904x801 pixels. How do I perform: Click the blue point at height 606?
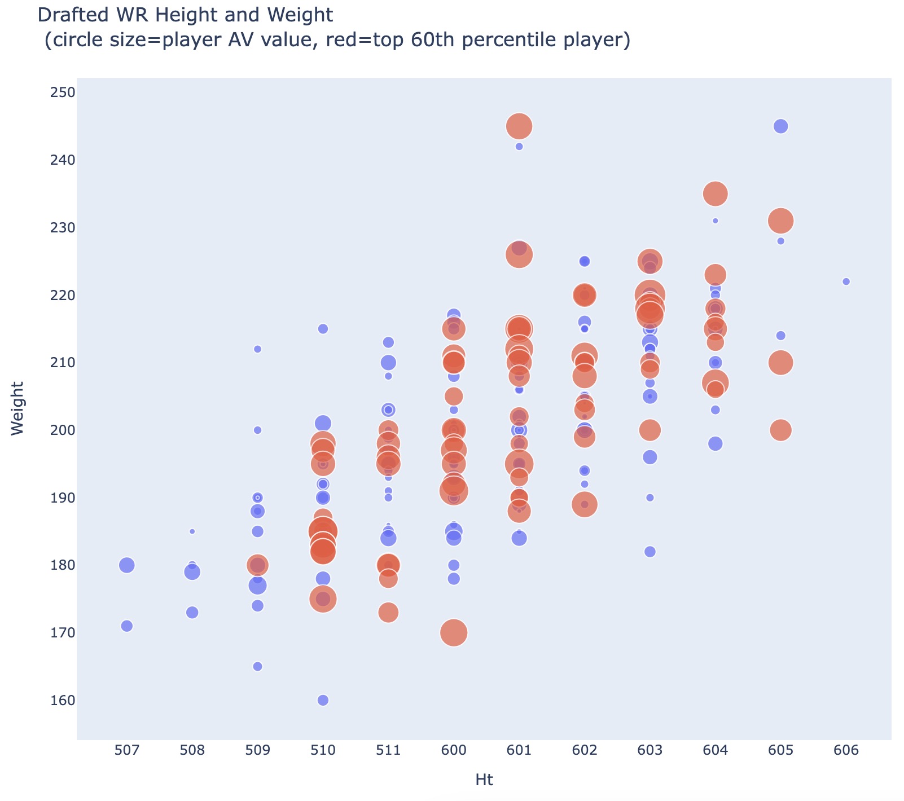[x=846, y=281]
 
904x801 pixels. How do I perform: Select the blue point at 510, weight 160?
[x=323, y=700]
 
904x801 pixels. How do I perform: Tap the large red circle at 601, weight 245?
[x=519, y=126]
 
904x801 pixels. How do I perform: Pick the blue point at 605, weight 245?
[x=780, y=126]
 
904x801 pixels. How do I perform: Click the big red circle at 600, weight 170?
[x=454, y=632]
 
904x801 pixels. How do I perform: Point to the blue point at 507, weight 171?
[x=127, y=626]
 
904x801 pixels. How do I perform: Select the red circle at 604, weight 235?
[x=715, y=193]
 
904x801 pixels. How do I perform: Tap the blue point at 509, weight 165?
[x=257, y=666]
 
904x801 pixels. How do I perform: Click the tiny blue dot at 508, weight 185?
[x=192, y=531]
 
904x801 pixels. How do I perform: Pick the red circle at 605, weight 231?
[x=780, y=221]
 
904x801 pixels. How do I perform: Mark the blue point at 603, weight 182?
[x=650, y=552]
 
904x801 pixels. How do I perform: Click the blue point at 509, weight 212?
[x=257, y=349]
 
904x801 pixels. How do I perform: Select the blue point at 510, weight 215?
[x=323, y=329]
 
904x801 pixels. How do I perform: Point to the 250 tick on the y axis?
[x=59, y=93]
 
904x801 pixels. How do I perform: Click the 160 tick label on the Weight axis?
[x=59, y=700]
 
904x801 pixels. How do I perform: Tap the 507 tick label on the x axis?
[x=127, y=750]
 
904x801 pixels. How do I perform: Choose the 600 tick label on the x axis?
[x=454, y=750]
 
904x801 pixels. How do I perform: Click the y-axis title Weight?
[x=17, y=408]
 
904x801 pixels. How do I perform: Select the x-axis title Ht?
[x=484, y=780]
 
